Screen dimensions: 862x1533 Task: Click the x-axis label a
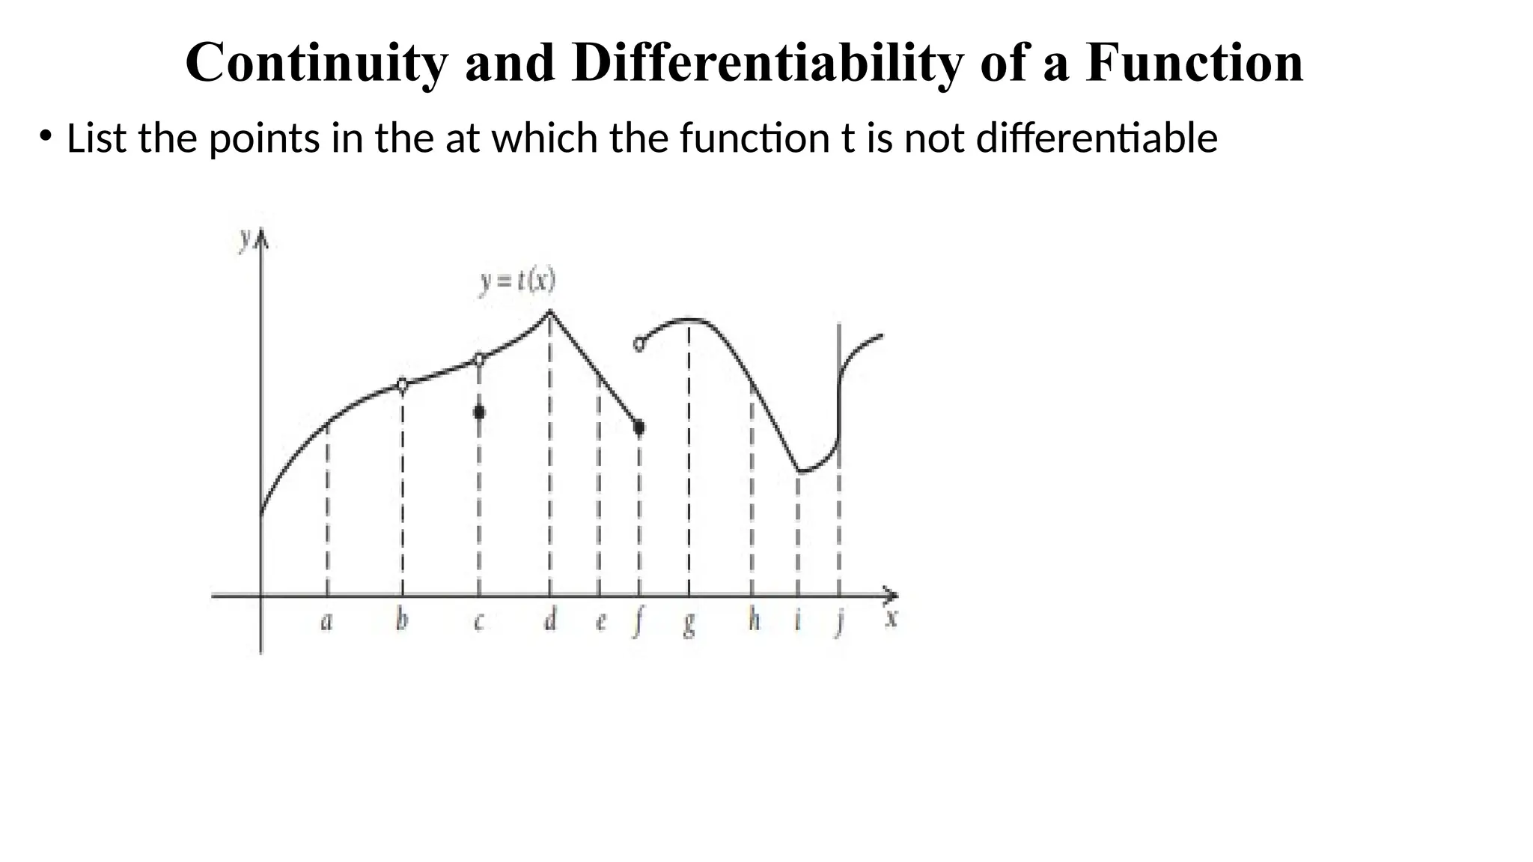tap(326, 621)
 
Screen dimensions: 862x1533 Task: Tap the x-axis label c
tap(479, 621)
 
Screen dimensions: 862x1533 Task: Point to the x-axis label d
tap(550, 619)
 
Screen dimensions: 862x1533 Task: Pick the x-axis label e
tap(600, 621)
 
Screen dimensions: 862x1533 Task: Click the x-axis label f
tap(639, 621)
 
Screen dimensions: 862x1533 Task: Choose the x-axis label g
tap(689, 623)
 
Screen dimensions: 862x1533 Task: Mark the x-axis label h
tap(754, 619)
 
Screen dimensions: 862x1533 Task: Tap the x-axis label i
tap(798, 619)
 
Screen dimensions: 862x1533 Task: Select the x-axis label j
tap(841, 621)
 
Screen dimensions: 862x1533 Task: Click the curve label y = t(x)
tap(517, 282)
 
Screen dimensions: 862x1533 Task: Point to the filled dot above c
tap(479, 412)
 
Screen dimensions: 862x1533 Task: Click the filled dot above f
tap(639, 427)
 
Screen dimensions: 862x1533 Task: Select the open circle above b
tap(402, 385)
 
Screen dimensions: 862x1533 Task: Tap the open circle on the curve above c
tap(479, 359)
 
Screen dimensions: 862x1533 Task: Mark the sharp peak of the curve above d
tap(550, 311)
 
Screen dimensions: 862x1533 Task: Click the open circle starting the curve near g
tap(639, 345)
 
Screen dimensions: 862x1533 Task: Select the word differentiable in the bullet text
tap(1097, 138)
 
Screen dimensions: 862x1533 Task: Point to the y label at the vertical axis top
tap(245, 238)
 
